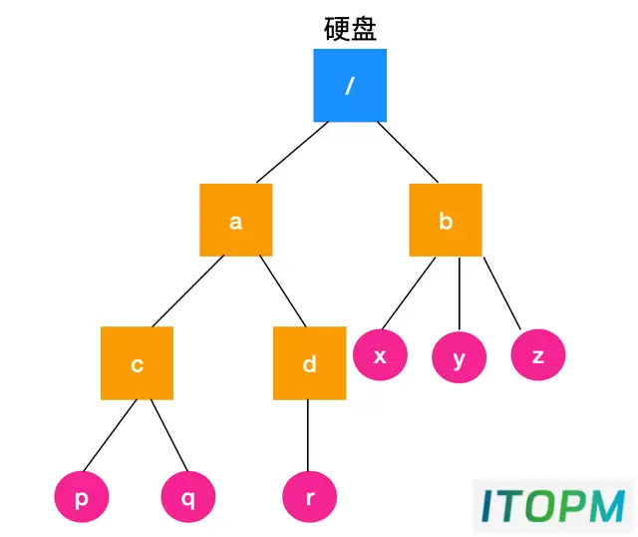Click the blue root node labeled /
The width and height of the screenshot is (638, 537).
click(350, 85)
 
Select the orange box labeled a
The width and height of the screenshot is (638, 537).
click(236, 220)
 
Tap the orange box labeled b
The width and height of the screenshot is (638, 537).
click(446, 220)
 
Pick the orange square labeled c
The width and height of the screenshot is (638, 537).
click(138, 363)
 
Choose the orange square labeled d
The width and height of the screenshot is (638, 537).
click(310, 363)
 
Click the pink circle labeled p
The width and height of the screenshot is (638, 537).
click(82, 497)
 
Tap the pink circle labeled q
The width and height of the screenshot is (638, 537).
click(188, 497)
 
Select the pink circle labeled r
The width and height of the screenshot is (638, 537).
click(310, 497)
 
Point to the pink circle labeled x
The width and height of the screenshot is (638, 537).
click(380, 355)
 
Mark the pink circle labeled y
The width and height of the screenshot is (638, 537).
click(459, 357)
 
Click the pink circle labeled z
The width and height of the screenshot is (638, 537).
click(538, 355)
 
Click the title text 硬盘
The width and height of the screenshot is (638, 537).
click(350, 29)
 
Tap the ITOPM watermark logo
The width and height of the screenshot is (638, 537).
click(553, 506)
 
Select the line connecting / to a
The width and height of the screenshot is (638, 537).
click(292, 152)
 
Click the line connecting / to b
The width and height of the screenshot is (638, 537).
click(408, 152)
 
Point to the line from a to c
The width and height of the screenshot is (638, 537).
click(188, 290)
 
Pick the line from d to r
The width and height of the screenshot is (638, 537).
click(308, 435)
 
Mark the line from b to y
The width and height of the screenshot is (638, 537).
click(459, 293)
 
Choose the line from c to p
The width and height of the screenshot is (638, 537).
click(110, 435)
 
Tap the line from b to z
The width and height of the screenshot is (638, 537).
click(502, 292)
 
